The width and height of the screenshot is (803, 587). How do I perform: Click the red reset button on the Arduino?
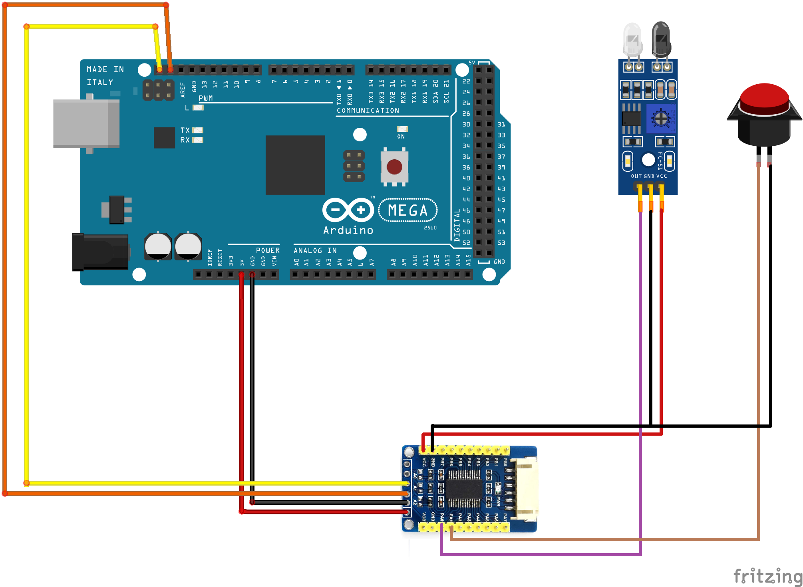coord(394,167)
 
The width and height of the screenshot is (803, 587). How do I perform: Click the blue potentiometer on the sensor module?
coord(661,119)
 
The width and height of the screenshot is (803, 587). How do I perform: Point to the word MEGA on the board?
coord(407,210)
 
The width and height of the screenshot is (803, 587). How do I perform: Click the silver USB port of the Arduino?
coord(86,123)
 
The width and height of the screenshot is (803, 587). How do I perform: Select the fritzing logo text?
coord(767,576)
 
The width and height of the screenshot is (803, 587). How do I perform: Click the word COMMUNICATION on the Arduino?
coord(368,111)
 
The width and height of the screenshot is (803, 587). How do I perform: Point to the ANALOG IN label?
coord(315,250)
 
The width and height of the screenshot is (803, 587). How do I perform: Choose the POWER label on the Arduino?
coord(268,250)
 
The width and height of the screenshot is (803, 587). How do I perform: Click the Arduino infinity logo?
coord(348,210)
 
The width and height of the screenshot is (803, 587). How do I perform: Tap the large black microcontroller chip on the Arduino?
coord(295,165)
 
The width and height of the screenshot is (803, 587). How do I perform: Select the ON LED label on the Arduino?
coord(401,137)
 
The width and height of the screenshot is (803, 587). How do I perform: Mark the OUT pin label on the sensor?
coord(636,176)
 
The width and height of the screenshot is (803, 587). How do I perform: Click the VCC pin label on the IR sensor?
coord(662,176)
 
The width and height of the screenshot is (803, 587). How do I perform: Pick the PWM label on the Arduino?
coord(206,98)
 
